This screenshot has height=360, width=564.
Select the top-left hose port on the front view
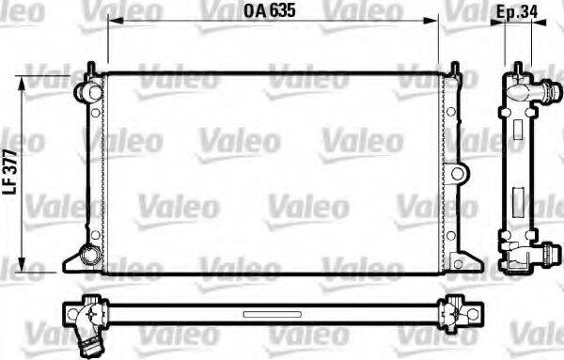point(86,91)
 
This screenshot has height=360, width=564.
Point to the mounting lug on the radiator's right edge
point(457,174)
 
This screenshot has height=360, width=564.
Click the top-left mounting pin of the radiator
point(91,68)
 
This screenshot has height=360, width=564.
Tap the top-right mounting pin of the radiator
point(454,68)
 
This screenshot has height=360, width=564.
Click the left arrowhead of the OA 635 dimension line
point(111,27)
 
